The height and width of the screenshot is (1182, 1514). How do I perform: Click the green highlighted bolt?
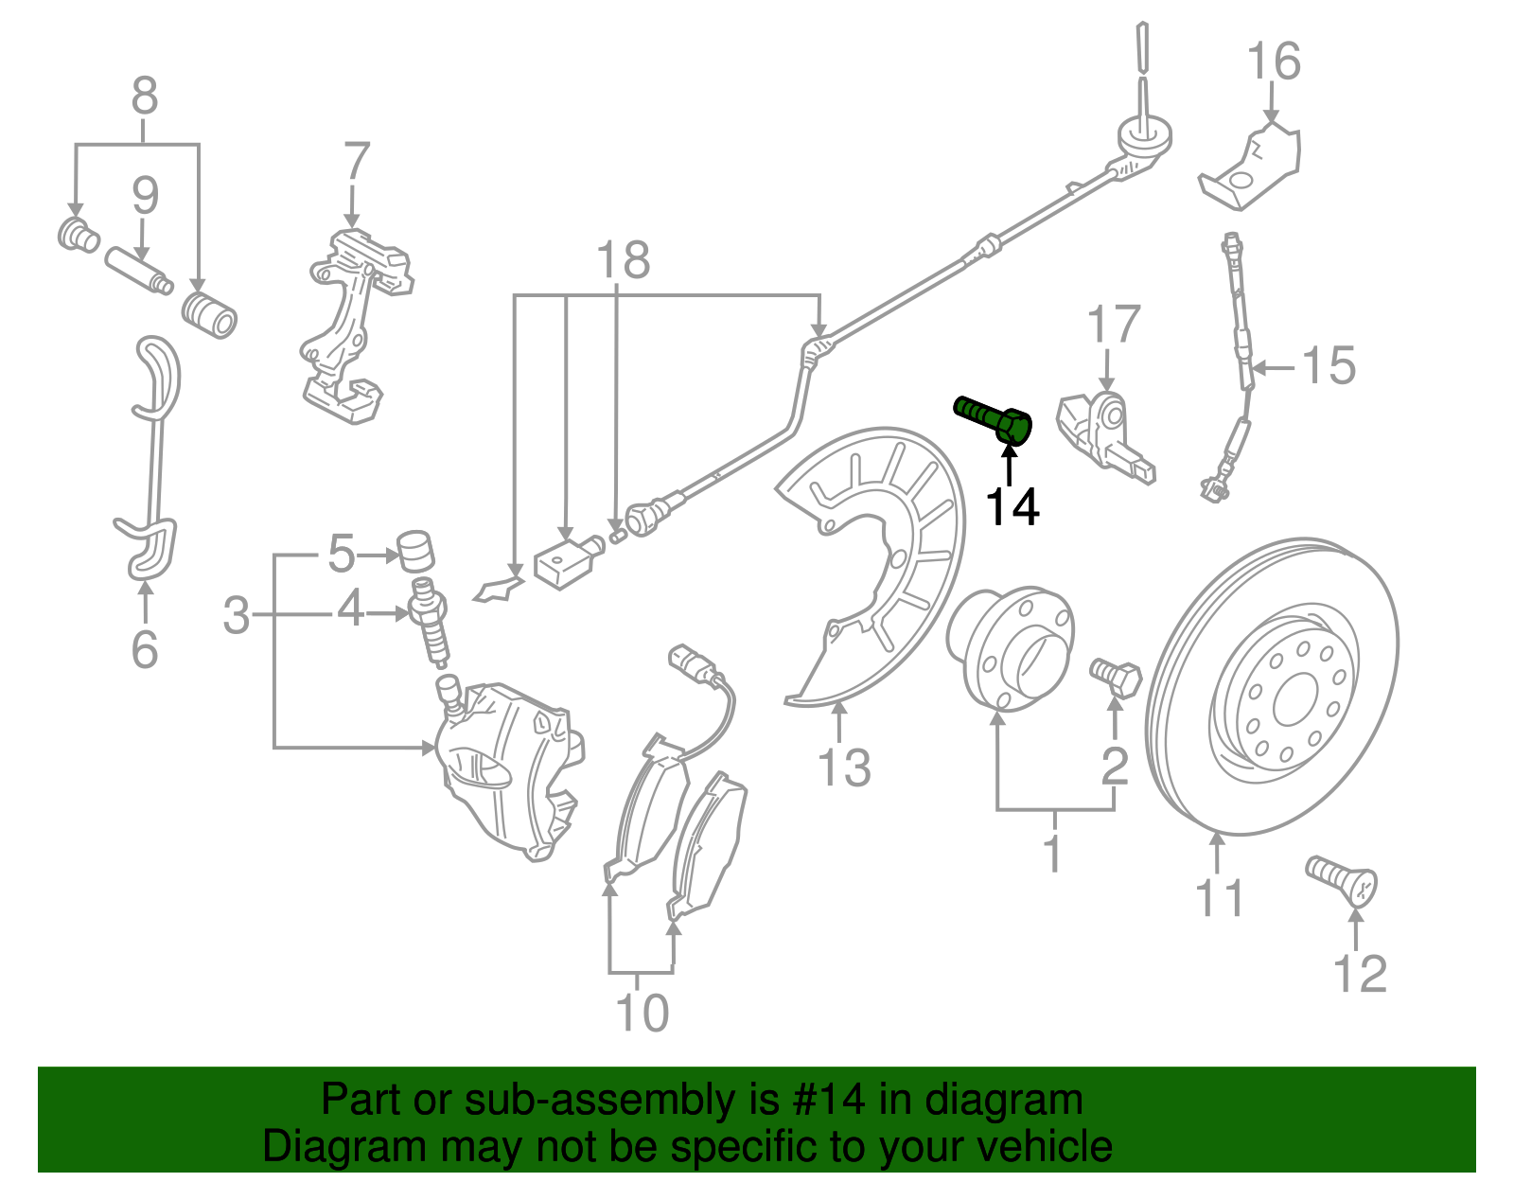[994, 419]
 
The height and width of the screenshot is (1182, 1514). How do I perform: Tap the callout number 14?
[1012, 507]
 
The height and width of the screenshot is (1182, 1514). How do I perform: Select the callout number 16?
[1274, 62]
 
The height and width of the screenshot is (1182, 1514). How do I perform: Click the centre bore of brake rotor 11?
[1292, 701]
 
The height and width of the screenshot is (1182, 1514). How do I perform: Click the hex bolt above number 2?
[1117, 676]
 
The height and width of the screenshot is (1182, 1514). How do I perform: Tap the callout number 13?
[844, 767]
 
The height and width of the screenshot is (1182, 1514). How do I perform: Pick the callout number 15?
[1329, 365]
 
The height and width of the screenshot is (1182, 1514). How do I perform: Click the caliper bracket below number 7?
[355, 322]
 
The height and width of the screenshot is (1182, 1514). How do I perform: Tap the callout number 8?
[144, 97]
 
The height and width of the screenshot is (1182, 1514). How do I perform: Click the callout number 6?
[144, 649]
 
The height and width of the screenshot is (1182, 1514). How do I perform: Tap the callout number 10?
[643, 1013]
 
